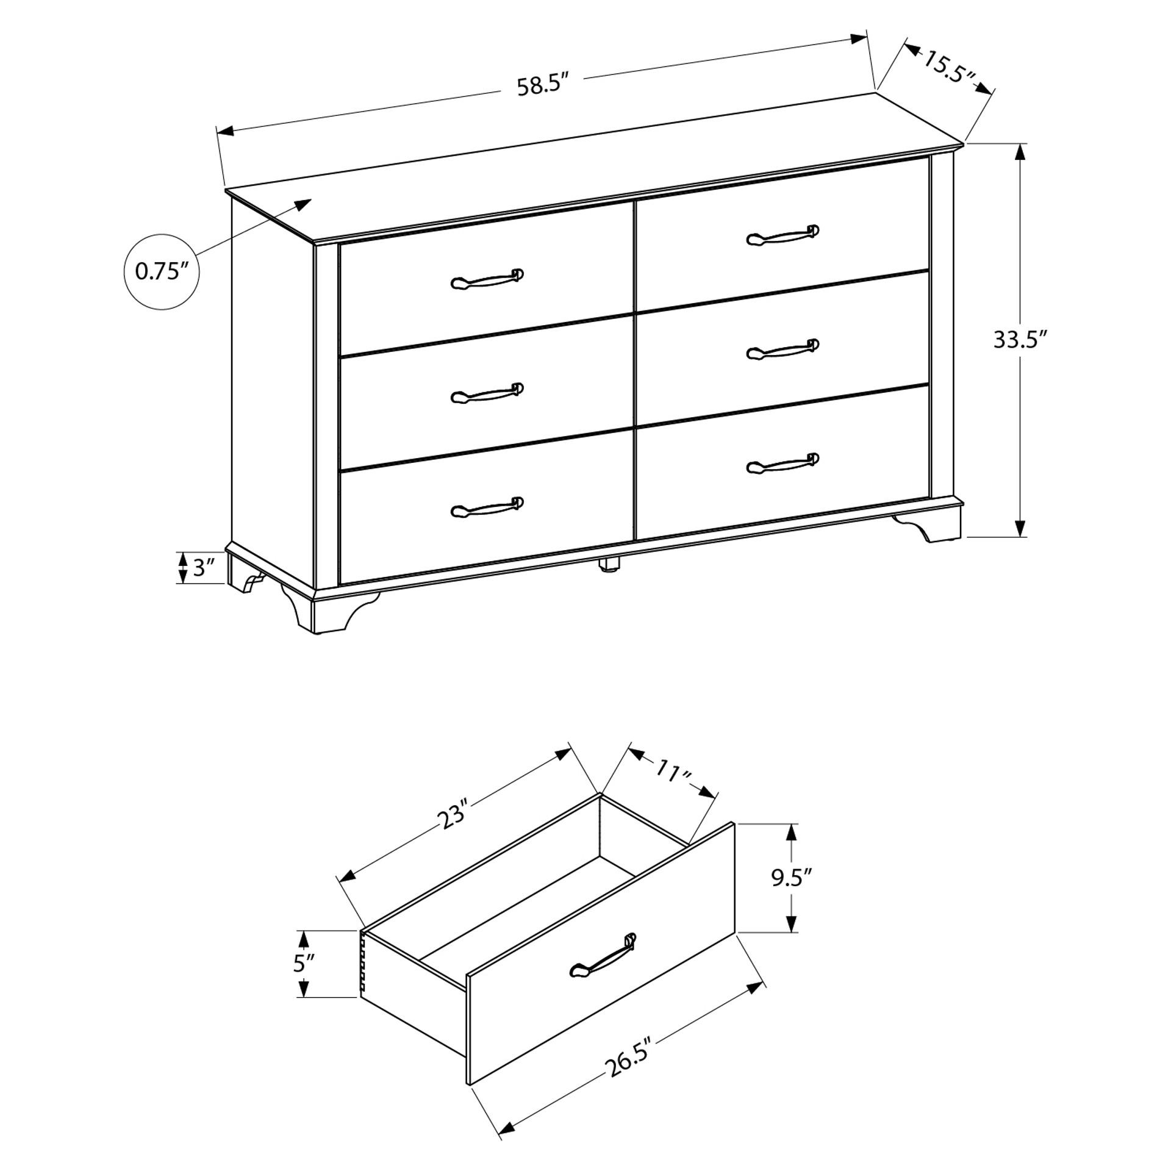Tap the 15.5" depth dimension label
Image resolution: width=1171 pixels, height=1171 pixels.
[x=949, y=68]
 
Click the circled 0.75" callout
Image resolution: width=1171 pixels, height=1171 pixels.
[x=162, y=271]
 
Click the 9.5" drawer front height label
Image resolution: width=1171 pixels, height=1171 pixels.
[x=792, y=878]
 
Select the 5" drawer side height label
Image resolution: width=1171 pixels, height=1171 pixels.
[x=304, y=963]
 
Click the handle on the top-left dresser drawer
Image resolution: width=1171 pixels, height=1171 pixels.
[x=487, y=279]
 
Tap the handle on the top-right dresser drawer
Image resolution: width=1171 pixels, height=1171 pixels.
[x=782, y=235]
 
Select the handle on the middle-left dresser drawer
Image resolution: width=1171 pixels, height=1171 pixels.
[x=487, y=394]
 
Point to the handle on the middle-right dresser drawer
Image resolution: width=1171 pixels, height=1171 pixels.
[x=782, y=350]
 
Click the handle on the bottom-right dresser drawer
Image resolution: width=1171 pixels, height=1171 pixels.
[x=782, y=464]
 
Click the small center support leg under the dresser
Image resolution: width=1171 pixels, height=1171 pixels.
[x=608, y=563]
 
